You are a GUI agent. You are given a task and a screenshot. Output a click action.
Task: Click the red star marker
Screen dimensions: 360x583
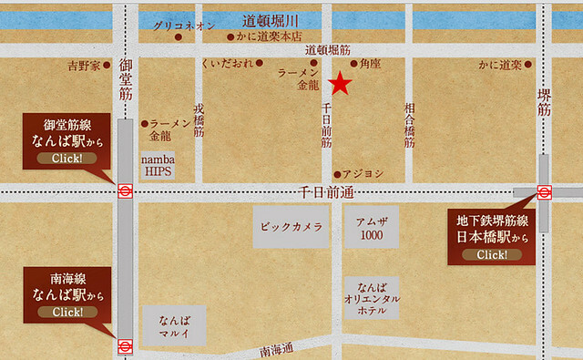(340, 85)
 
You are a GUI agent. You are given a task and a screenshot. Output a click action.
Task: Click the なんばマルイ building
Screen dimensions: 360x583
(173, 325)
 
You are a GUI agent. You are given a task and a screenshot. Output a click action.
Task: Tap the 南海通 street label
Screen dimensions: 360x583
(276, 348)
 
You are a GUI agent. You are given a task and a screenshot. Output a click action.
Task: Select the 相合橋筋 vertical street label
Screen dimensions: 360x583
(409, 126)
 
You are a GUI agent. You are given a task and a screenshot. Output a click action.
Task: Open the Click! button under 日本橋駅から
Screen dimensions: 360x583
(492, 253)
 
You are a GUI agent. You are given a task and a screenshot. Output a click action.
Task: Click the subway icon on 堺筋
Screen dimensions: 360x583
(544, 191)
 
